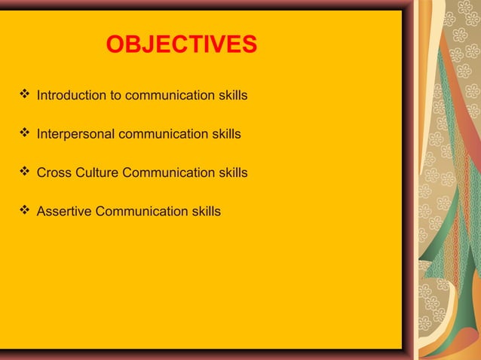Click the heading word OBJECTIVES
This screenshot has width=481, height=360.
pyautogui.click(x=181, y=45)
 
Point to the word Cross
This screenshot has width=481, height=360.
pyautogui.click(x=54, y=173)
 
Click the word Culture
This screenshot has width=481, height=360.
pyautogui.click(x=97, y=173)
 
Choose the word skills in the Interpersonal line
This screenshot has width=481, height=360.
pyautogui.click(x=226, y=135)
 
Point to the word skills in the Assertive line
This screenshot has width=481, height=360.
pyautogui.click(x=206, y=212)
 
